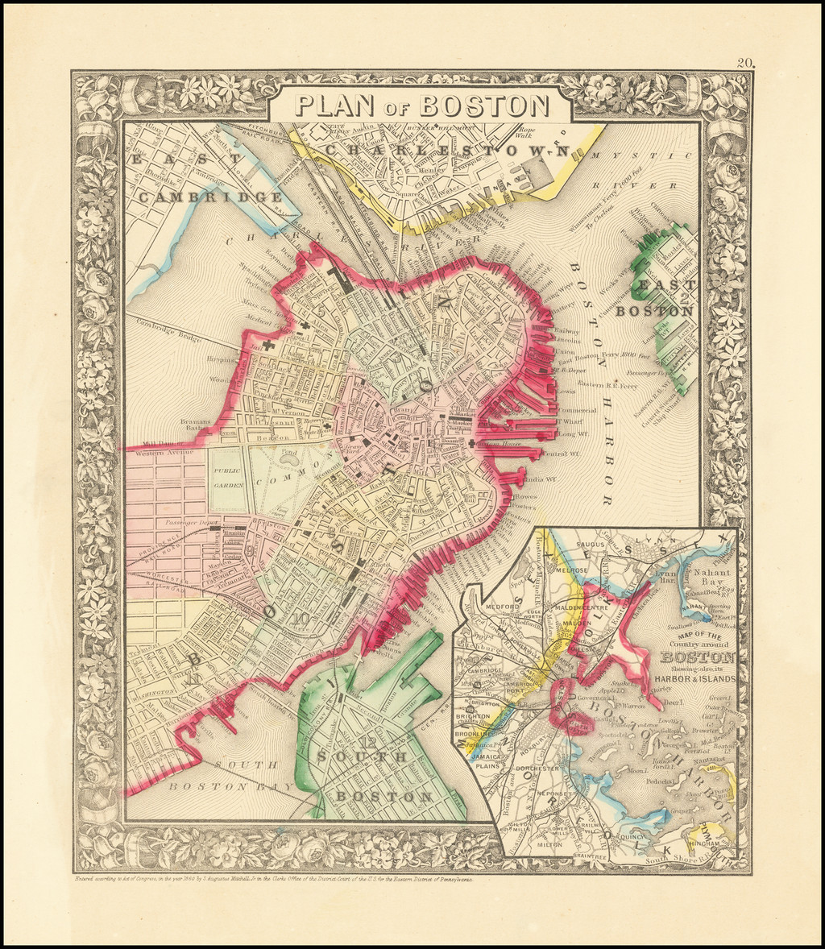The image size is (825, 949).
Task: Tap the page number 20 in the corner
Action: (744, 64)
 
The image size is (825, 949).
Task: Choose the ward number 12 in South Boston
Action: (370, 742)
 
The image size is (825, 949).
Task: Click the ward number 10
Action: (301, 619)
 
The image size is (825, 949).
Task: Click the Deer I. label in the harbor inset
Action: (673, 702)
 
